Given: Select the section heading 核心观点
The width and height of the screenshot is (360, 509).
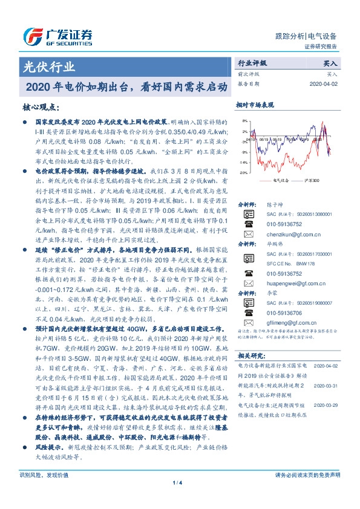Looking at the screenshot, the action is pyautogui.click(x=41, y=106).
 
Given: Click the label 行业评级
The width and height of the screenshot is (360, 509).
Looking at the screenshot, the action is pyautogui.click(x=252, y=63).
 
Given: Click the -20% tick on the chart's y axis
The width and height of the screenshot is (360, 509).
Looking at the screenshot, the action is pyautogui.click(x=243, y=173).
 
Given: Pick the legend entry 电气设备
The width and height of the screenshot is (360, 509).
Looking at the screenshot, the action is pyautogui.click(x=280, y=181).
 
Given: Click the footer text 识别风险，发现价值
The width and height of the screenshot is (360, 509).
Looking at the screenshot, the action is pyautogui.click(x=42, y=491).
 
